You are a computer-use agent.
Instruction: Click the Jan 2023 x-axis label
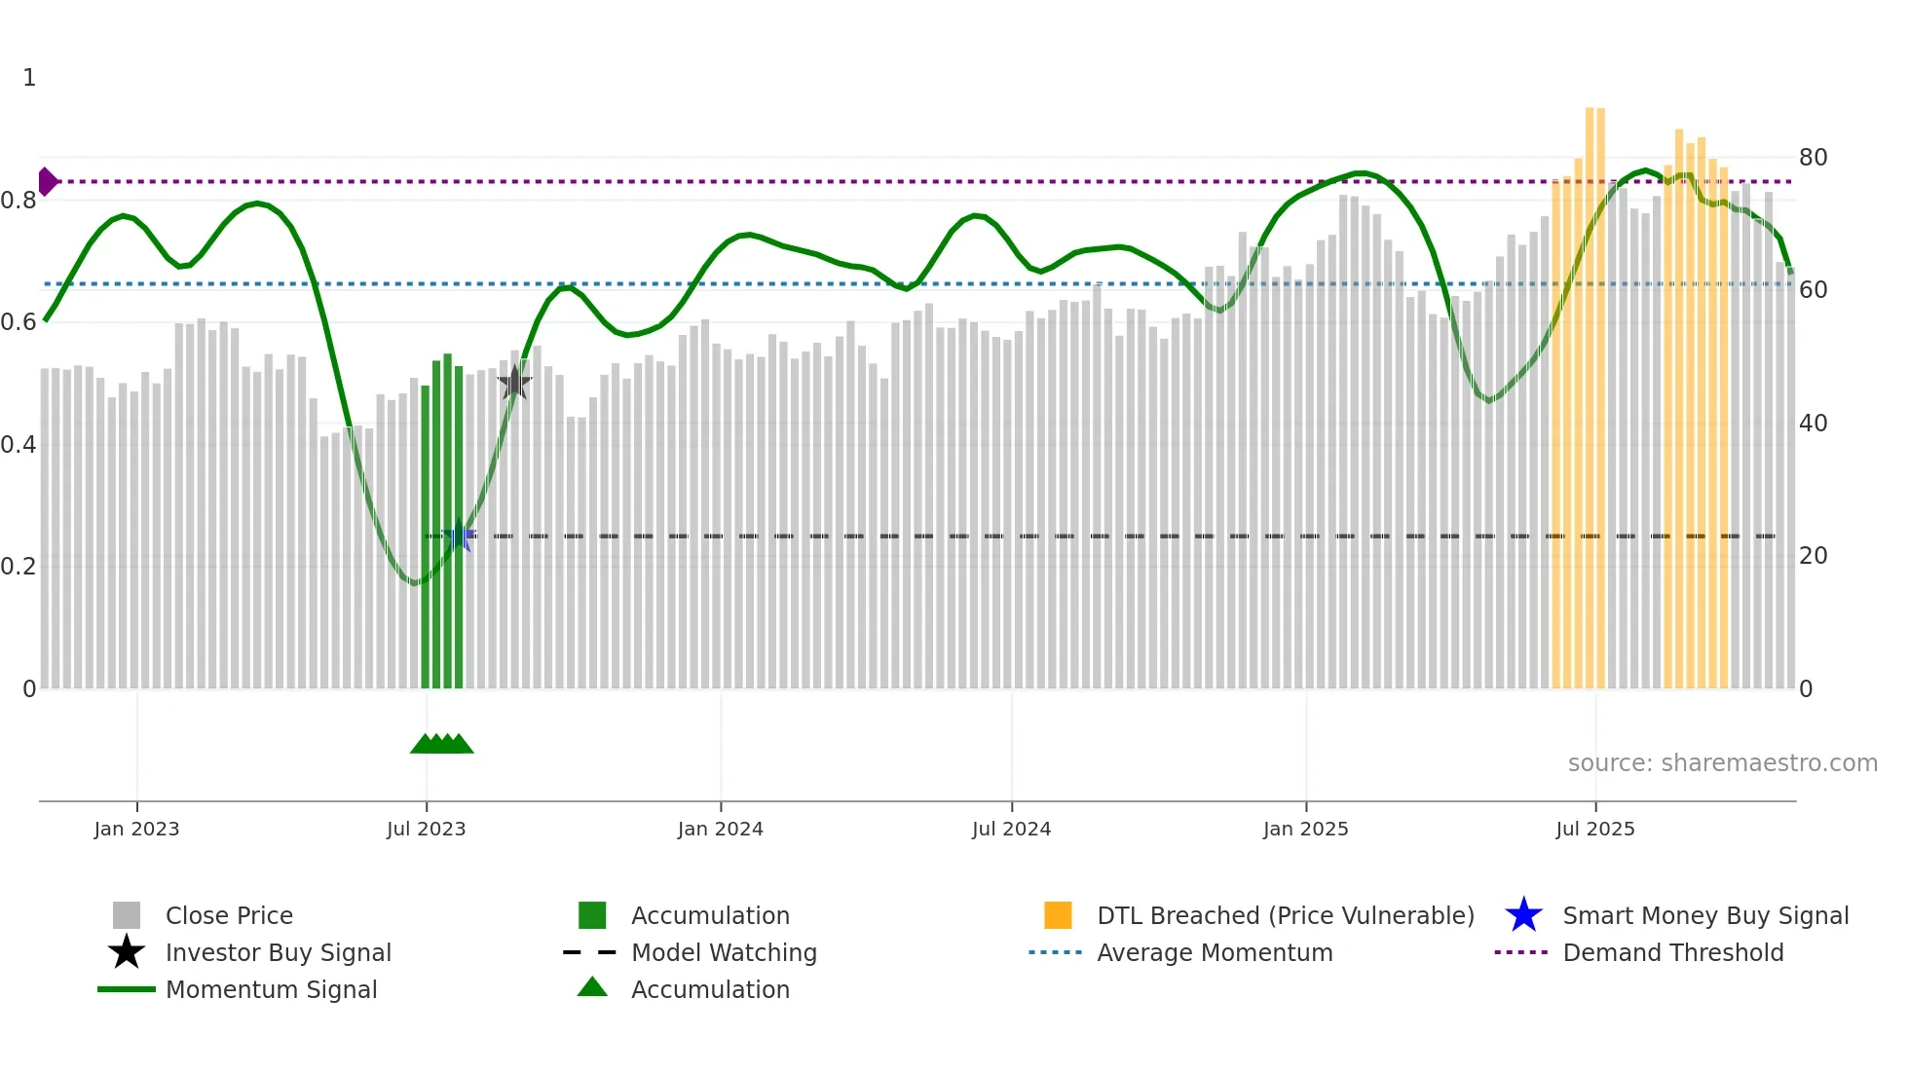point(136,829)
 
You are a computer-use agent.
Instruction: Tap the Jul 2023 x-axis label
point(426,829)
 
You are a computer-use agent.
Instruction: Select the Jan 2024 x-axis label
point(720,829)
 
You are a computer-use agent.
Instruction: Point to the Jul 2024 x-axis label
point(1011,829)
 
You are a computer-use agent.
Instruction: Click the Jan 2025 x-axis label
point(1305,829)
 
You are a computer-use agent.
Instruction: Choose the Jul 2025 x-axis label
point(1594,829)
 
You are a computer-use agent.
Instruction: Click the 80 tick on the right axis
point(1813,158)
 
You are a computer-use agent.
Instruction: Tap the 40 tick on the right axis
point(1813,424)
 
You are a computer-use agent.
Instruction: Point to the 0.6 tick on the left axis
point(19,322)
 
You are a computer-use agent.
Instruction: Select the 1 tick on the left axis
point(29,78)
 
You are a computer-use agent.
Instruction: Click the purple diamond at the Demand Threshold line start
point(47,182)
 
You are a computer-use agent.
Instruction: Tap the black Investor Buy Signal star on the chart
point(514,383)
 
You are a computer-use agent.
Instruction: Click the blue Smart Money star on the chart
point(459,536)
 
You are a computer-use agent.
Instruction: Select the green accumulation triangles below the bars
point(441,744)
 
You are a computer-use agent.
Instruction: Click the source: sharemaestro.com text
point(1722,763)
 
